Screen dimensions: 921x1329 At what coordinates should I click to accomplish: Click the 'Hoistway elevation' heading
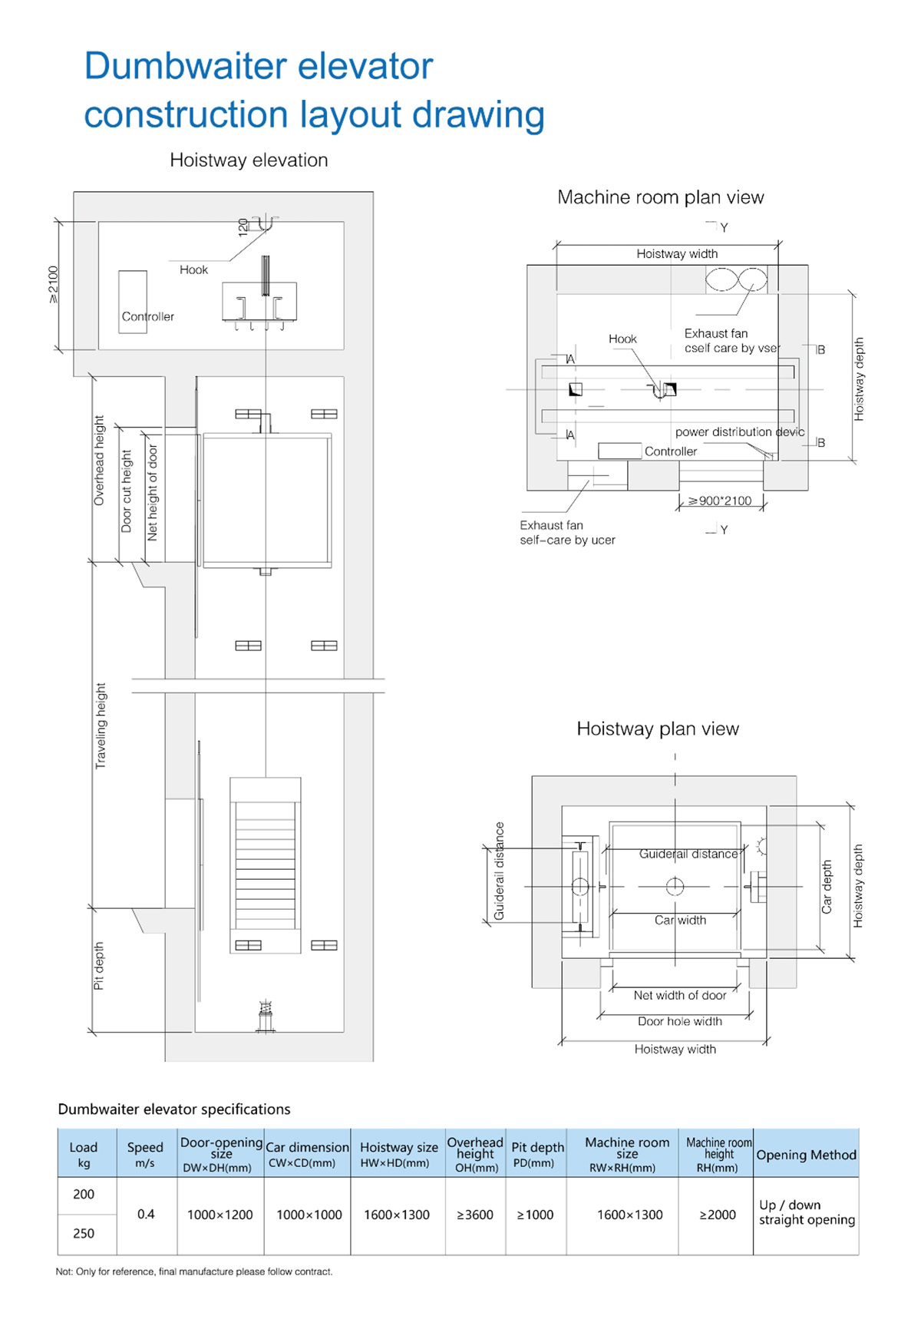pos(249,160)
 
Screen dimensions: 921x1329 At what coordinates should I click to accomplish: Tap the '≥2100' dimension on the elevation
pos(53,284)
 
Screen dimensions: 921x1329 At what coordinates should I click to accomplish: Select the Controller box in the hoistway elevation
pos(133,302)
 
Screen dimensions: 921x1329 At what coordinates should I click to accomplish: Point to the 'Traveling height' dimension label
pos(101,726)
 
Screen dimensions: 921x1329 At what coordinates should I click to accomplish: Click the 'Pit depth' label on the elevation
pos(98,966)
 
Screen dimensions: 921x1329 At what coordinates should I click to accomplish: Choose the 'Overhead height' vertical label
pos(99,461)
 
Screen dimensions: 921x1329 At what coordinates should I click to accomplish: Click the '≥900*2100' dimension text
pos(720,501)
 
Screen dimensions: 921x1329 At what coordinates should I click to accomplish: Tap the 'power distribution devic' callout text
pos(740,432)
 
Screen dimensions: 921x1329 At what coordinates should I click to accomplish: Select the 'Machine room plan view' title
pos(661,197)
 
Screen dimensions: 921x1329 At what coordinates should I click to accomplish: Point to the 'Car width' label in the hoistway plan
pos(680,920)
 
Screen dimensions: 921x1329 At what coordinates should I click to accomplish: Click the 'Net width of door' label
pos(680,995)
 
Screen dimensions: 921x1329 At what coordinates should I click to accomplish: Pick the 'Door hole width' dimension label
pos(680,1021)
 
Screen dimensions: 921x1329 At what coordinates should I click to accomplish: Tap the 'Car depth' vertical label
pos(827,887)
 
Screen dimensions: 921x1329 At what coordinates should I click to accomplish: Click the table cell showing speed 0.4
pos(146,1215)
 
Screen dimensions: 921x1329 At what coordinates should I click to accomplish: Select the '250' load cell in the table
pos(84,1234)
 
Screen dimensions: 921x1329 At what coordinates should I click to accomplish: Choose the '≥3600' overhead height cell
pos(475,1215)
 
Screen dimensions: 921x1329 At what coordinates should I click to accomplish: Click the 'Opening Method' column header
pos(806,1155)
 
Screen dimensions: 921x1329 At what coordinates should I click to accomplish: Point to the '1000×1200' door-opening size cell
pos(220,1215)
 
